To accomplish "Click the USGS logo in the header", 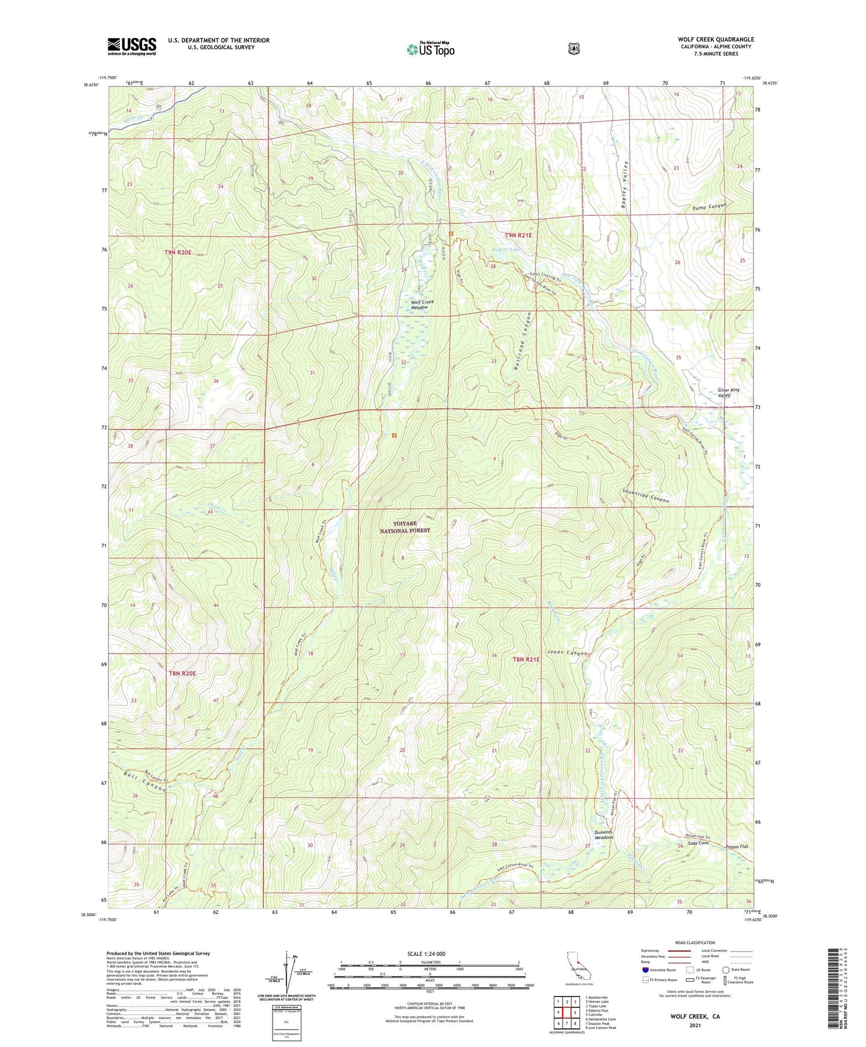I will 132,46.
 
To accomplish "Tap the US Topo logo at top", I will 430,49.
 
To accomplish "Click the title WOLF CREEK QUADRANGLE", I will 716,40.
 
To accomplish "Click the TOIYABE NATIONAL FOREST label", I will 405,527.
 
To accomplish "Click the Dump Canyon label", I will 708,207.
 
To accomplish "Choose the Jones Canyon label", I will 566,652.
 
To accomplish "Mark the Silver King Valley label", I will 728,393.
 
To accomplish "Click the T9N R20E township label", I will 178,252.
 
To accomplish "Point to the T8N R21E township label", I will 526,659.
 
